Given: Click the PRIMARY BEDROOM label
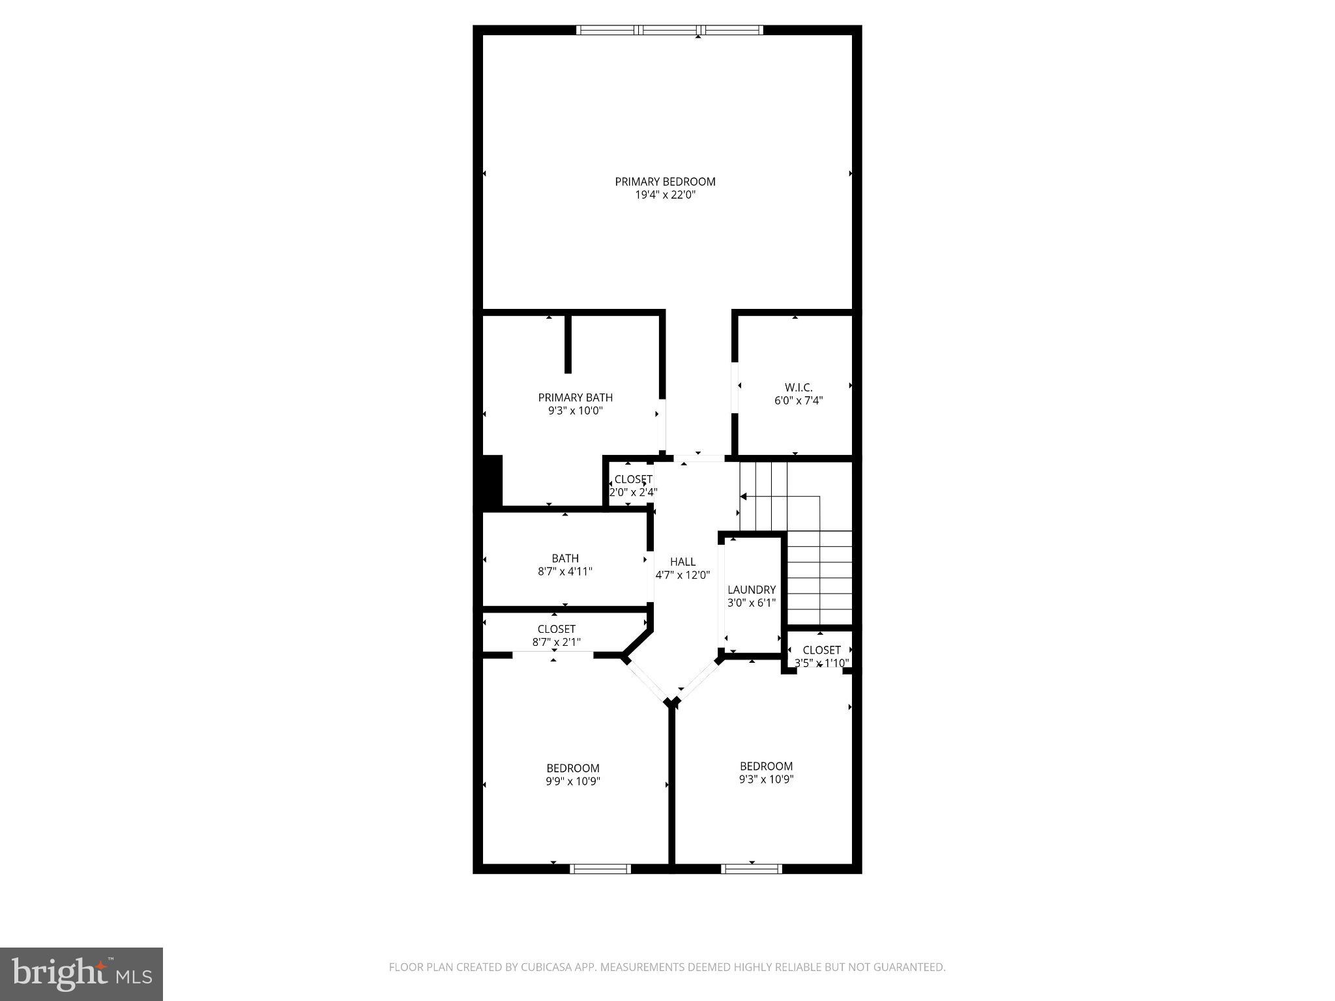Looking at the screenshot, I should (665, 182).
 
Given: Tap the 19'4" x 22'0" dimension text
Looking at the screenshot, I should (665, 195).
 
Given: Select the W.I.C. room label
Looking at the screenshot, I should (799, 388).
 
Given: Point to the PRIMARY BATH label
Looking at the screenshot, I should (575, 398).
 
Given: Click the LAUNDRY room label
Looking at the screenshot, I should (752, 590).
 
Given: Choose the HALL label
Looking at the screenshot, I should (682, 562).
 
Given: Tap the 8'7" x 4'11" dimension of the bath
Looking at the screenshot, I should (565, 572).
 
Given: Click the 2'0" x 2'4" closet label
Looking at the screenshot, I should (633, 493).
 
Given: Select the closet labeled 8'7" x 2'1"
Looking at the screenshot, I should (556, 642).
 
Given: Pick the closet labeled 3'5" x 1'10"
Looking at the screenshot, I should (821, 663).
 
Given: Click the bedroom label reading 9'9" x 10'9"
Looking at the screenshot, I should (572, 781).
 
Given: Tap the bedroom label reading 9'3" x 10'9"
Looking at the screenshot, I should (766, 779).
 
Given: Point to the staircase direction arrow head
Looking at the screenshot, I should (743, 497).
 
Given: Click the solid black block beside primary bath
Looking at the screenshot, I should (491, 480).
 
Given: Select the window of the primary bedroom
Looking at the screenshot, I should (669, 30).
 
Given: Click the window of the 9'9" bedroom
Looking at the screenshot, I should (600, 869).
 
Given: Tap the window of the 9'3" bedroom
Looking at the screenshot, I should (751, 869).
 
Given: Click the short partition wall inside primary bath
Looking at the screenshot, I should (568, 344).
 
